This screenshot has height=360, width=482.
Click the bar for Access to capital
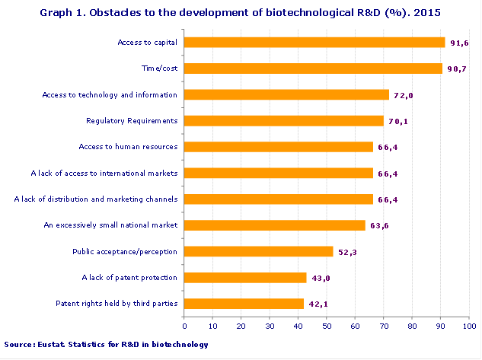314,43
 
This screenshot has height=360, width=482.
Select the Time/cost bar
313,68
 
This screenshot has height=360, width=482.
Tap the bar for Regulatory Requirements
284,120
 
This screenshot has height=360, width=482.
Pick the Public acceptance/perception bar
259,251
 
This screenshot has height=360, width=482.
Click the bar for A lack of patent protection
245,278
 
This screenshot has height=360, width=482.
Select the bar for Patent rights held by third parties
244,304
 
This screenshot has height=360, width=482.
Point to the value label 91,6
459,43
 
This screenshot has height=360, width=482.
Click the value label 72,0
403,95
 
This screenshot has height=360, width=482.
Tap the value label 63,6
379,225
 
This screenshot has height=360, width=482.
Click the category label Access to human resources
129,147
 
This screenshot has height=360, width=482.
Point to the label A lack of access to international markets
104,173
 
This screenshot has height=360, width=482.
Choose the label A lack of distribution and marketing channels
97,199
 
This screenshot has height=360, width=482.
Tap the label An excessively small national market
111,225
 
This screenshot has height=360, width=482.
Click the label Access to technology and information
110,94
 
